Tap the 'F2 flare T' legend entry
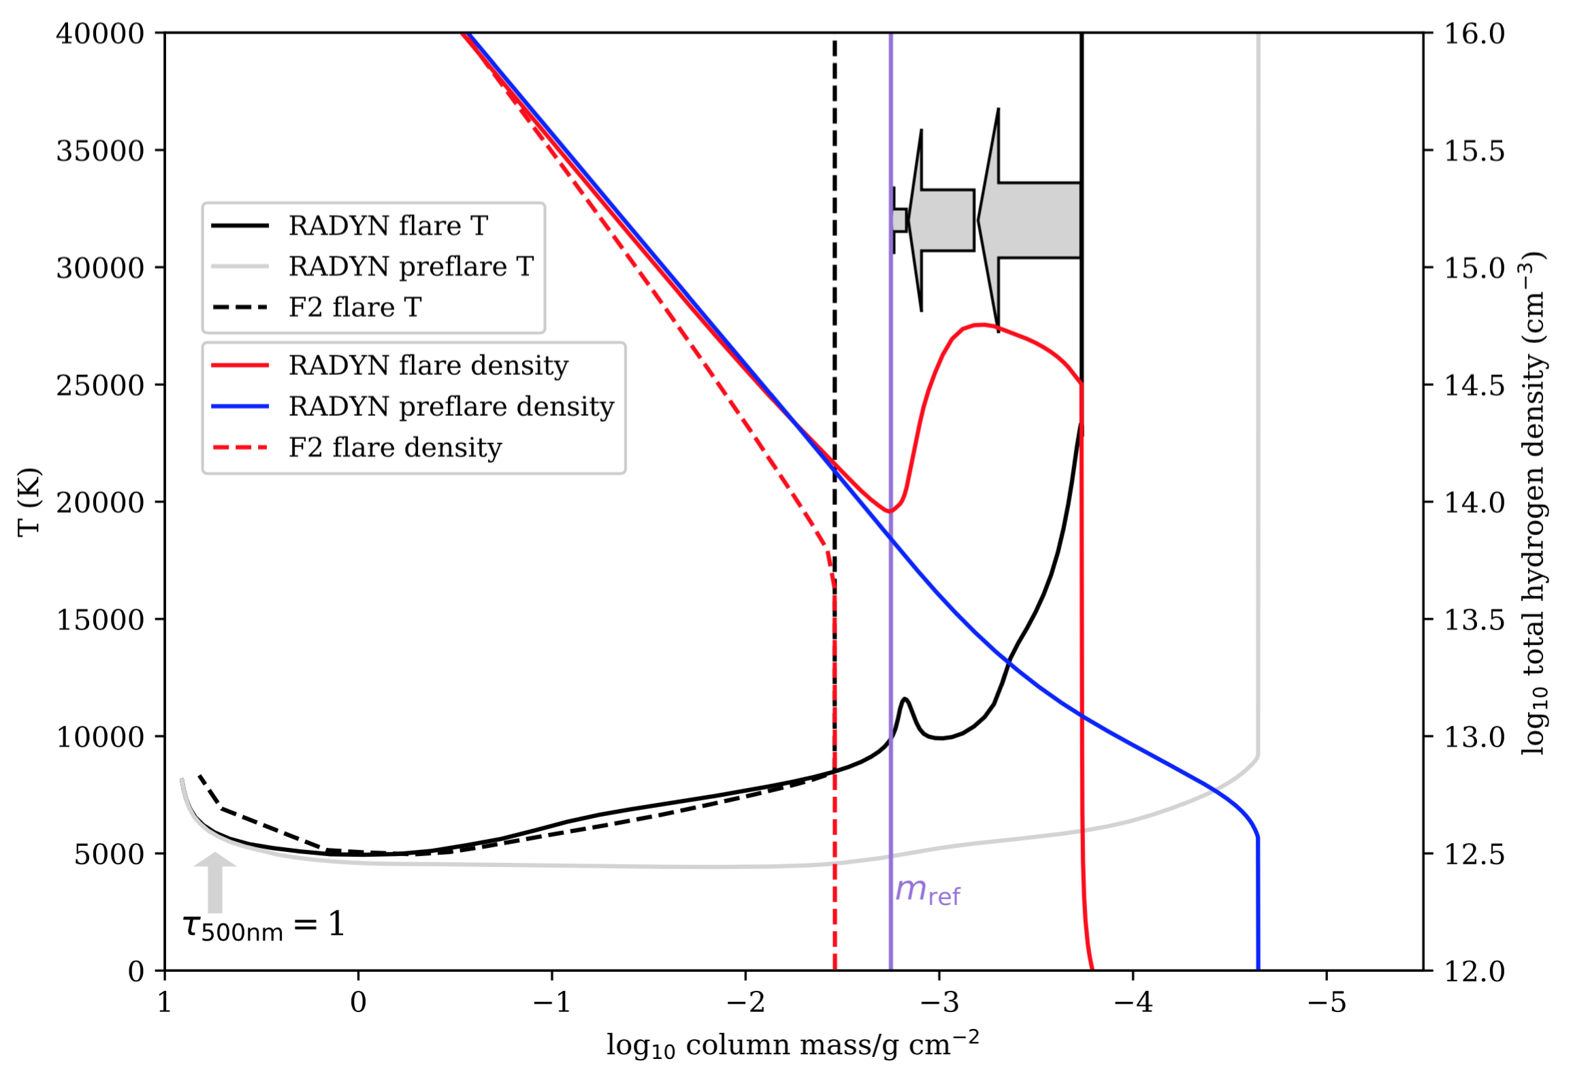(355, 308)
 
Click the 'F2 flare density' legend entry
(395, 448)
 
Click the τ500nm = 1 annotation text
(263, 926)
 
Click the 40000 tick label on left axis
(100, 33)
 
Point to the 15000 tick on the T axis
(100, 619)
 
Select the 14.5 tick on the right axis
(1474, 385)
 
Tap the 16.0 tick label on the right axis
(1474, 33)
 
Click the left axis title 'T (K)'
(29, 502)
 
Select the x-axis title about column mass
(792, 1045)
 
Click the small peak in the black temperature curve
(905, 699)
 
